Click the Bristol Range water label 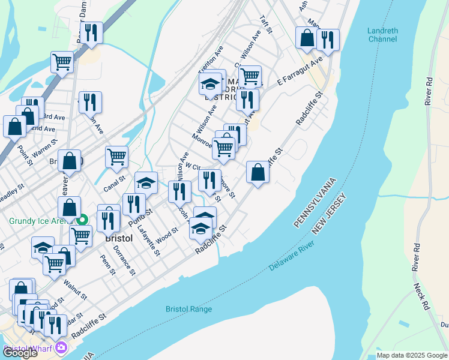pos(189,309)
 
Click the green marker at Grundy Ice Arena pos(85,221)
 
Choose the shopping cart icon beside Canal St pos(116,157)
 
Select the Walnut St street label pos(76,292)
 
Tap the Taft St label pos(265,25)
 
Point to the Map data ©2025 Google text pos(411,355)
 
